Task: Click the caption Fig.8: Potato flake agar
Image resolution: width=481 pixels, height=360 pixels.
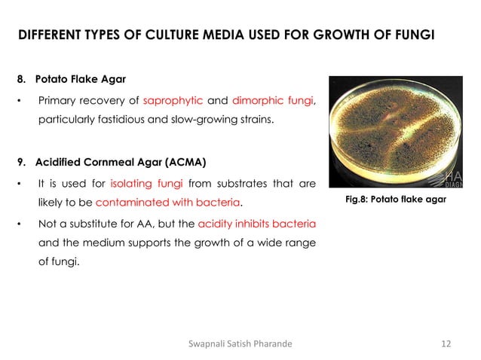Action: tap(394, 200)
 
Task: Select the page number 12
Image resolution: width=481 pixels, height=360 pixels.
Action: tap(446, 344)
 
